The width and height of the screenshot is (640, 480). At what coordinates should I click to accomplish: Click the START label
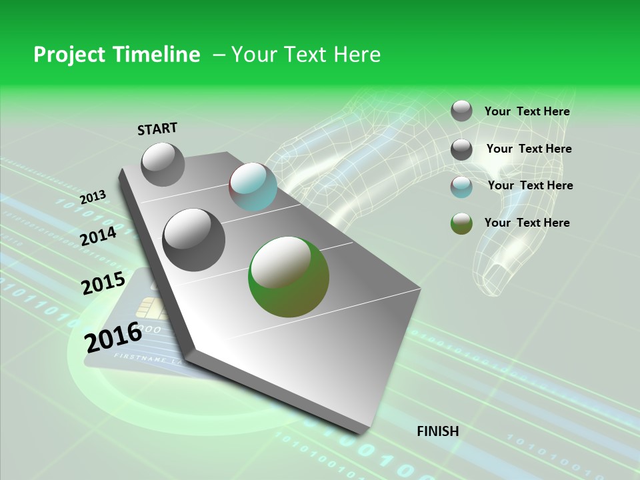click(x=157, y=128)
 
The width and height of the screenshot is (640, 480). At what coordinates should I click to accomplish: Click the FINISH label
click(x=437, y=431)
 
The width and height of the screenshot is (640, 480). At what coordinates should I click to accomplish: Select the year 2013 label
click(x=93, y=197)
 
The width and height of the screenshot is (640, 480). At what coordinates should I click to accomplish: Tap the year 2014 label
click(x=98, y=236)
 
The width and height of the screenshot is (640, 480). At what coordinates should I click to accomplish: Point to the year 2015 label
click(x=103, y=283)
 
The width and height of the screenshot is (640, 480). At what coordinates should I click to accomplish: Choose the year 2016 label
click(x=113, y=337)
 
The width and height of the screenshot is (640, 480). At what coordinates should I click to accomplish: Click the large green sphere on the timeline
click(x=289, y=277)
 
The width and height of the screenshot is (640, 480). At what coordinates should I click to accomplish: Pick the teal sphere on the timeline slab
click(x=253, y=187)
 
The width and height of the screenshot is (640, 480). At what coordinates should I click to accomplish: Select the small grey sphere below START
click(x=163, y=164)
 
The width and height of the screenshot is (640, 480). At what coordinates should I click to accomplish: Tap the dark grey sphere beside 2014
click(x=194, y=239)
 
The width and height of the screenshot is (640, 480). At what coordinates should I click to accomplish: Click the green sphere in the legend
click(x=461, y=223)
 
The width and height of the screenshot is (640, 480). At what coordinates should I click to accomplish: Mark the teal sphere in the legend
click(x=461, y=187)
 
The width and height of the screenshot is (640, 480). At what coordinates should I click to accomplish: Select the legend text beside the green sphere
click(x=527, y=223)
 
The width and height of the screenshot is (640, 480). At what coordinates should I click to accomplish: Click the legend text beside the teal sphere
click(x=530, y=185)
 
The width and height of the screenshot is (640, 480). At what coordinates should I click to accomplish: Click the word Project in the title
click(x=69, y=55)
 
